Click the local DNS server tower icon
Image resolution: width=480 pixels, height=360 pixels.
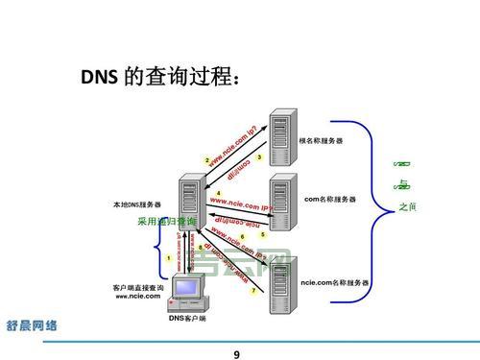pos(188,203)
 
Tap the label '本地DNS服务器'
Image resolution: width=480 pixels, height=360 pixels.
pos(137,205)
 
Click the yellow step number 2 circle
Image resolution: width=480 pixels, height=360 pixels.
pos(207,159)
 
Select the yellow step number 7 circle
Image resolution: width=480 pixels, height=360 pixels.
pos(253,290)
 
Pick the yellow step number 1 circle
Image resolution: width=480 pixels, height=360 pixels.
pos(169,257)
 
